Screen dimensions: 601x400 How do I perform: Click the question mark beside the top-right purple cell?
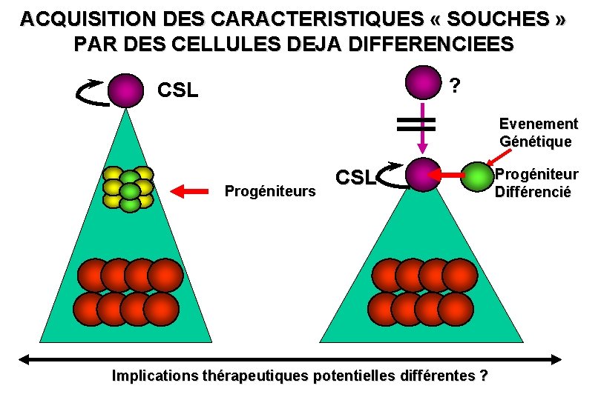click(x=455, y=87)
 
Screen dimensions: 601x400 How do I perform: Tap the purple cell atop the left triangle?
click(x=125, y=90)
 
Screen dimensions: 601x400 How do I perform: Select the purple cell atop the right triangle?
click(x=424, y=175)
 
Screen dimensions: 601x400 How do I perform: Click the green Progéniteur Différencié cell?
click(x=477, y=176)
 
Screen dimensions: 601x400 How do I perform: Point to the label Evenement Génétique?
click(x=539, y=132)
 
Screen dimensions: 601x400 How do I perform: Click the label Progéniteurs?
click(x=270, y=192)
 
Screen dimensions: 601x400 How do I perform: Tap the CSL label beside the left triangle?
click(x=179, y=91)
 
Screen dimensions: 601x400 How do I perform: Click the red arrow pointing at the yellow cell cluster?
click(x=189, y=191)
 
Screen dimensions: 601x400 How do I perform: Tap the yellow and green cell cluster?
click(x=128, y=187)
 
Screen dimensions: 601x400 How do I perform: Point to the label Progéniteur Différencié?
click(x=536, y=183)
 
